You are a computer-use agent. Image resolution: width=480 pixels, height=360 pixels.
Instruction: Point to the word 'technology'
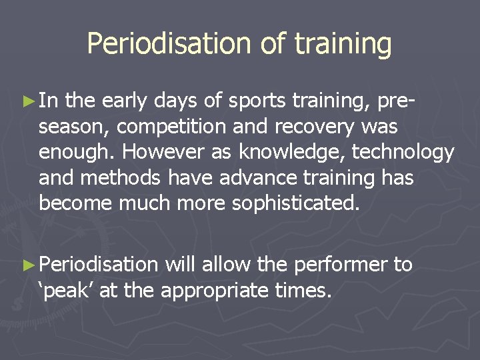[x=403, y=153]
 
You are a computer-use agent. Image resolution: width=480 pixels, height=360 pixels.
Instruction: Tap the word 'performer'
[x=340, y=265]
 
